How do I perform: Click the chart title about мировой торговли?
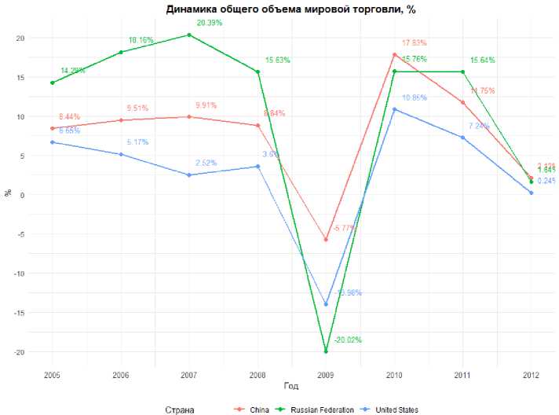(290, 9)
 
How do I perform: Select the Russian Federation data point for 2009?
(326, 351)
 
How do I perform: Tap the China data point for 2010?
(394, 54)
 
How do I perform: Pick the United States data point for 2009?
(326, 304)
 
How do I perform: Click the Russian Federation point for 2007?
(189, 35)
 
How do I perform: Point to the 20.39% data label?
(209, 23)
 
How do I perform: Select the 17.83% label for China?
(414, 43)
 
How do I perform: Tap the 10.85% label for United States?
(414, 97)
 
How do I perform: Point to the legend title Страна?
(180, 409)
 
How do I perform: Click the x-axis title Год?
(290, 386)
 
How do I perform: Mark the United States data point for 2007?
(189, 174)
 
